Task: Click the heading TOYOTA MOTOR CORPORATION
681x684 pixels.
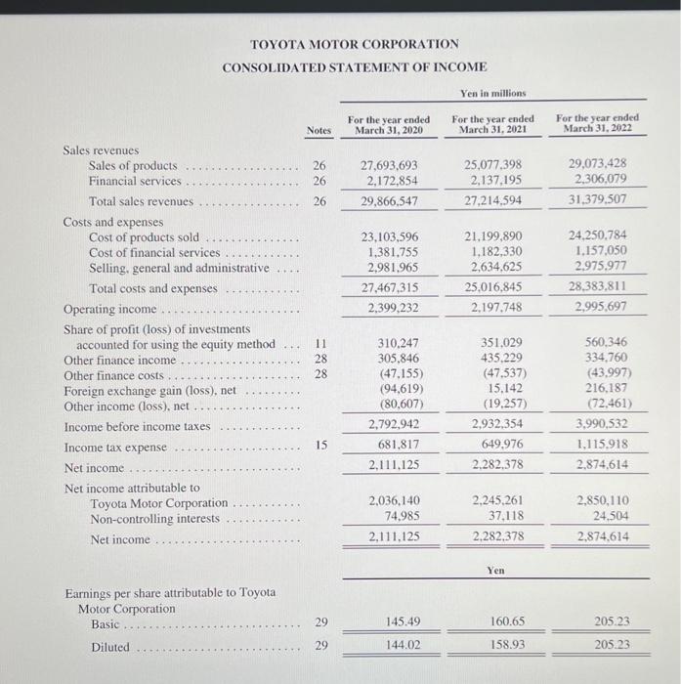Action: click(x=354, y=45)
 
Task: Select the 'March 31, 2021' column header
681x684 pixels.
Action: click(x=492, y=125)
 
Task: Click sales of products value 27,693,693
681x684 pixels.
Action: click(x=389, y=166)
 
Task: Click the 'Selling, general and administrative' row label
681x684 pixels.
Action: click(x=178, y=268)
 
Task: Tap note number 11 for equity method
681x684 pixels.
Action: click(x=319, y=344)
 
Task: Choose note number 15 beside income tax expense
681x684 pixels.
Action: click(x=319, y=446)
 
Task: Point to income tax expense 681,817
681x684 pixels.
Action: click(x=395, y=446)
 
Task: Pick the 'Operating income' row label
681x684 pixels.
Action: click(x=108, y=309)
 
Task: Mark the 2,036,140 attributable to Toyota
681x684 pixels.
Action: click(x=389, y=502)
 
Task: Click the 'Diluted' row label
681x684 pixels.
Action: click(x=110, y=647)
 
